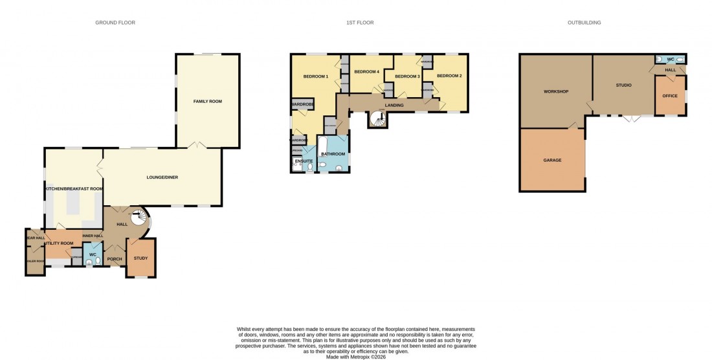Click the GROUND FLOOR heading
point(115,23)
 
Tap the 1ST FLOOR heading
point(360,23)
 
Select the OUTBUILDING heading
point(584,23)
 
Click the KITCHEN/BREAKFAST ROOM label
point(74,188)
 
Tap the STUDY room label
point(140,258)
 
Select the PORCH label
point(115,259)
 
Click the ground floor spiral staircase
point(139,218)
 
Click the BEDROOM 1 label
point(316,77)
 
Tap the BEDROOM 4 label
point(367,71)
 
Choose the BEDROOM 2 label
point(449,76)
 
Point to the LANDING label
point(394,105)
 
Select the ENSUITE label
point(304,161)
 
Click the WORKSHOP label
point(555,91)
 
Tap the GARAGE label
point(552,160)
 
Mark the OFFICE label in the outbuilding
point(669,96)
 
